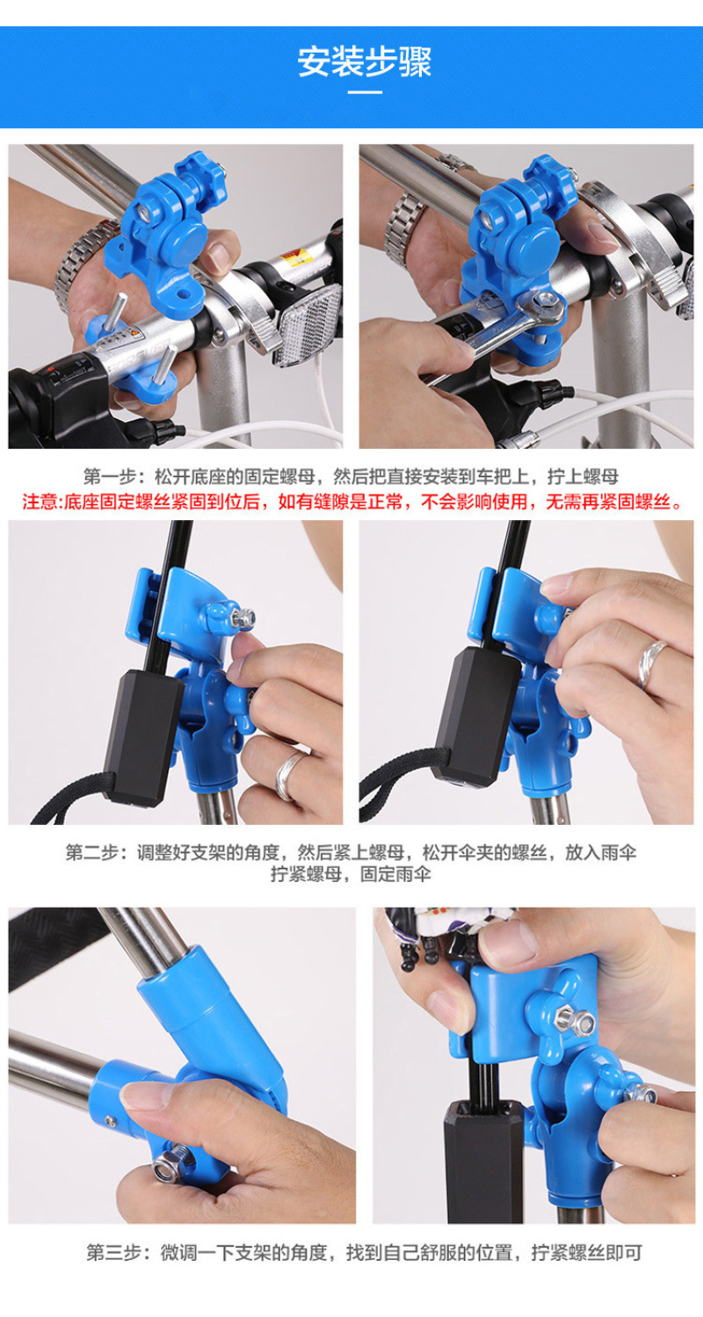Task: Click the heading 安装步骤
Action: coord(364,62)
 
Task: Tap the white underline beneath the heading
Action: coord(365,91)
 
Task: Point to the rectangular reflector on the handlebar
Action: coord(308,322)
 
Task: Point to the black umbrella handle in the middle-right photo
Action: coord(476,716)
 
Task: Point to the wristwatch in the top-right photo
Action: coord(405,229)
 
